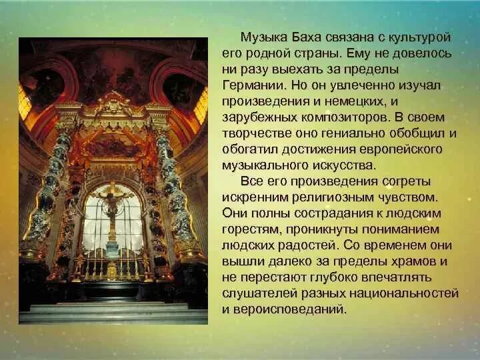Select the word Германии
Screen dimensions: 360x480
point(254,86)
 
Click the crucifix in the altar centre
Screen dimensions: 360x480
point(111,207)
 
